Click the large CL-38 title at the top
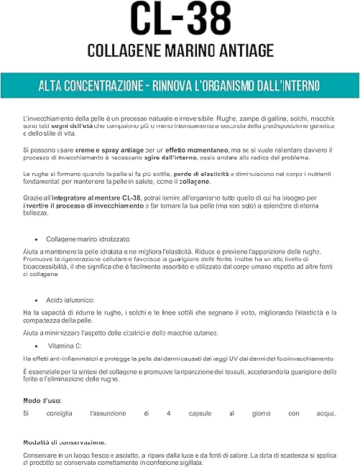click(x=180, y=20)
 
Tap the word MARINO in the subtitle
click(x=186, y=52)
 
